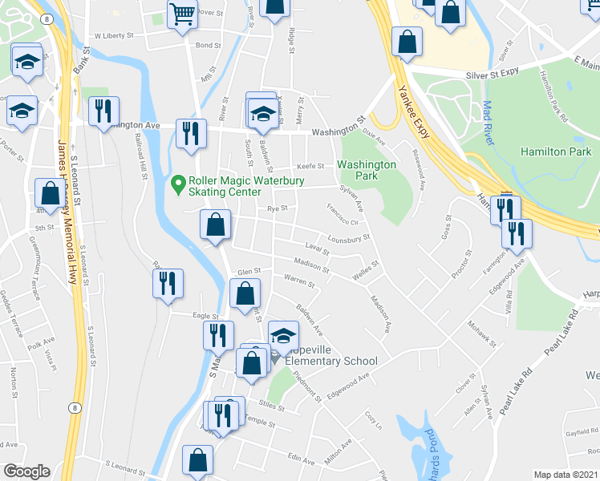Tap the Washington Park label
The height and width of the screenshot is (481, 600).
coord(367,169)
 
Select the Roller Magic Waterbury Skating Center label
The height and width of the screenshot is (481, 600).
coord(225,186)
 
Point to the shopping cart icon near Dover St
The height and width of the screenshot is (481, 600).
coord(182,14)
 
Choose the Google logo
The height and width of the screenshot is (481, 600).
coord(26,471)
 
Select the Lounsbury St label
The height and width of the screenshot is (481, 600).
coord(347,238)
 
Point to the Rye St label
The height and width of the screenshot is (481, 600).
coord(277,208)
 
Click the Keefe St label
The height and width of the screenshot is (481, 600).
coord(310,167)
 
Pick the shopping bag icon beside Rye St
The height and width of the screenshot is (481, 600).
coord(216,225)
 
